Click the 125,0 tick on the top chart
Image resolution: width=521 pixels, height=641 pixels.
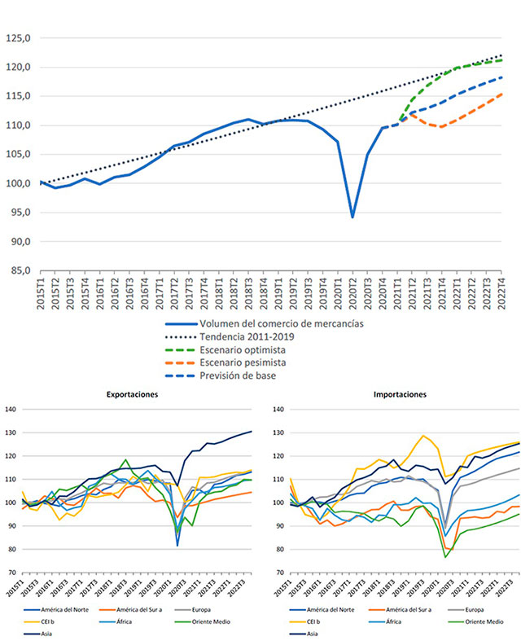(18, 37)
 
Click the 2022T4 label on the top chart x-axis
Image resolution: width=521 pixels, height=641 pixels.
(501, 294)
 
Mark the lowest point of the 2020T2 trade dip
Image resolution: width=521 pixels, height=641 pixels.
(352, 217)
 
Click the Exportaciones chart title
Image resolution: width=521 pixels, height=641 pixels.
(132, 393)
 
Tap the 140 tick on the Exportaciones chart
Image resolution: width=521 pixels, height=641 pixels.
(11, 409)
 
